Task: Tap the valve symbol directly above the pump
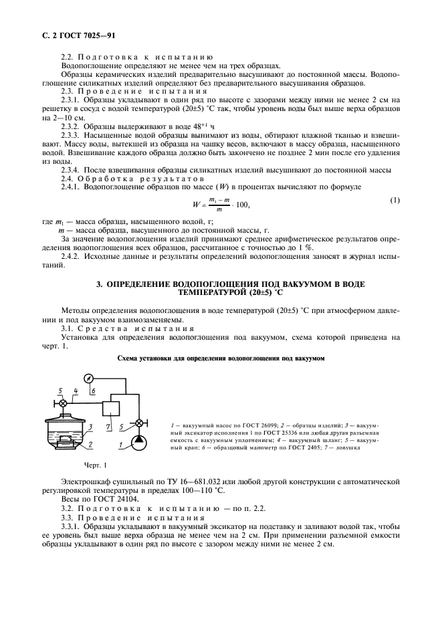coord(138,423)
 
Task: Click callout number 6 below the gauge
coord(94,391)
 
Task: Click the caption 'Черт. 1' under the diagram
coord(96,464)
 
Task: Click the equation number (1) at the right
coord(395,200)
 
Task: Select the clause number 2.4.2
coord(70,257)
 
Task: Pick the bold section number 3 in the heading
coord(100,284)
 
